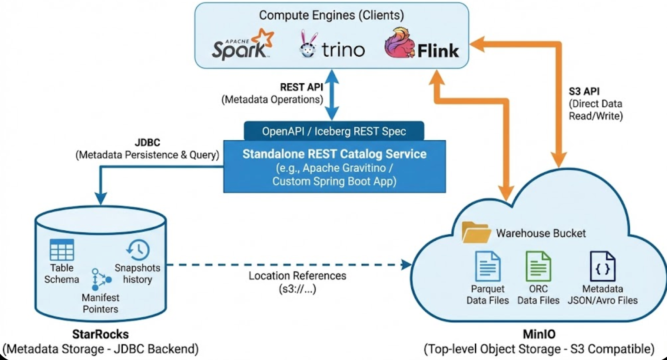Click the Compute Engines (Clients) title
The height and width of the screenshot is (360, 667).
[331, 15]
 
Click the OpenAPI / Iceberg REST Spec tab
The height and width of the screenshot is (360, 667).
[334, 131]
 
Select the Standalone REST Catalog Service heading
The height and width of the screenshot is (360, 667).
[334, 154]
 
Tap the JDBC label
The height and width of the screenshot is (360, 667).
[147, 143]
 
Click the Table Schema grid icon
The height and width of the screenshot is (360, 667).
[62, 250]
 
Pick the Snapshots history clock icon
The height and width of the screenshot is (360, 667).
[138, 250]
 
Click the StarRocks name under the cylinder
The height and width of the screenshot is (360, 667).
[100, 334]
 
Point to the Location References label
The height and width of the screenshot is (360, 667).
[297, 276]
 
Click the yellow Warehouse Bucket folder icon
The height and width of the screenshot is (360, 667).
[476, 232]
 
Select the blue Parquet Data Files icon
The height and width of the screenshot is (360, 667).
[488, 266]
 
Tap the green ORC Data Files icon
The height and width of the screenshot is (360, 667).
[538, 266]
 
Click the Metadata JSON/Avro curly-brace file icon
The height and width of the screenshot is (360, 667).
[603, 266]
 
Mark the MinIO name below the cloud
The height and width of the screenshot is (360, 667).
[539, 334]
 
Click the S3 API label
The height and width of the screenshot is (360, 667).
[584, 91]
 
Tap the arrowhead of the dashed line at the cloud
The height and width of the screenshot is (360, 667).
[407, 265]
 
